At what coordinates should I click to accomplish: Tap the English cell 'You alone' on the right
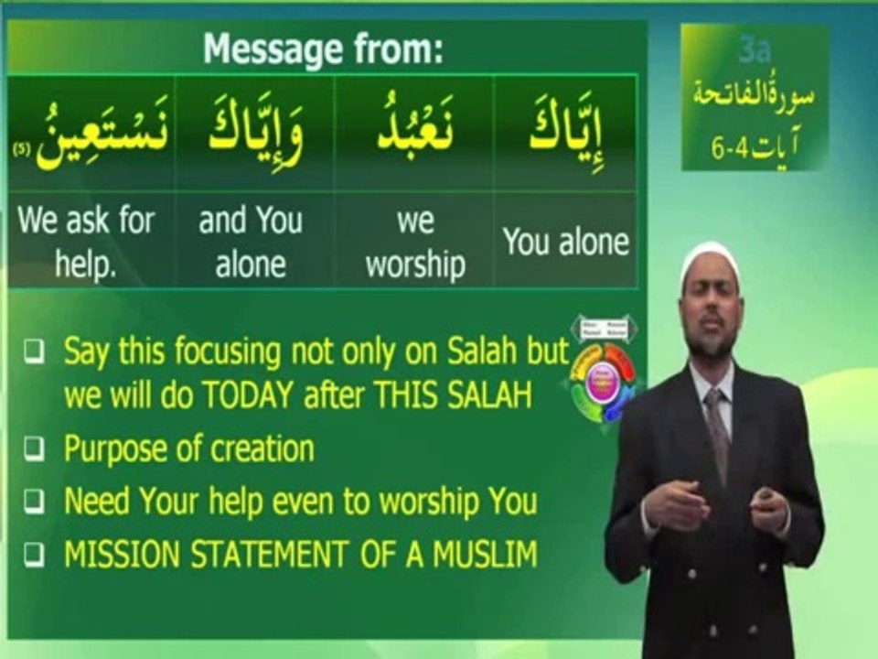566,242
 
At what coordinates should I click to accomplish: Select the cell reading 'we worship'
414,243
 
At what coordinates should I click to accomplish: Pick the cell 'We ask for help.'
86,243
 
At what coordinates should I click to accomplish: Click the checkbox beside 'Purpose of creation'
33,449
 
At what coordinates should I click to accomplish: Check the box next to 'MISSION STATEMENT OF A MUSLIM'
33,554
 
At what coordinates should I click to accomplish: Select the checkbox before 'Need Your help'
33,502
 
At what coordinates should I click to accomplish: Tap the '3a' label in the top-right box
755,50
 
